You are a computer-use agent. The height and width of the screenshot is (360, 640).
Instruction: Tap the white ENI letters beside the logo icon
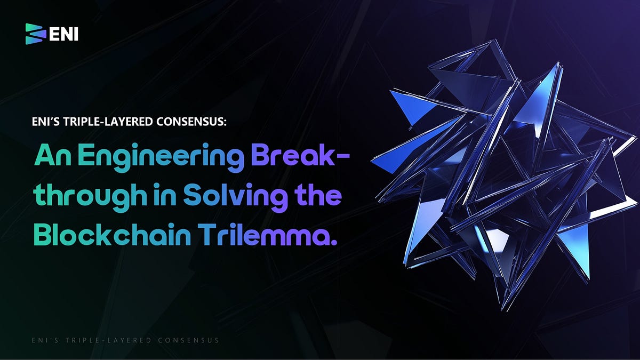click(63, 34)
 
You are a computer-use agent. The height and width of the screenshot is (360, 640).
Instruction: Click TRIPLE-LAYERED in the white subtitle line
click(104, 122)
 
